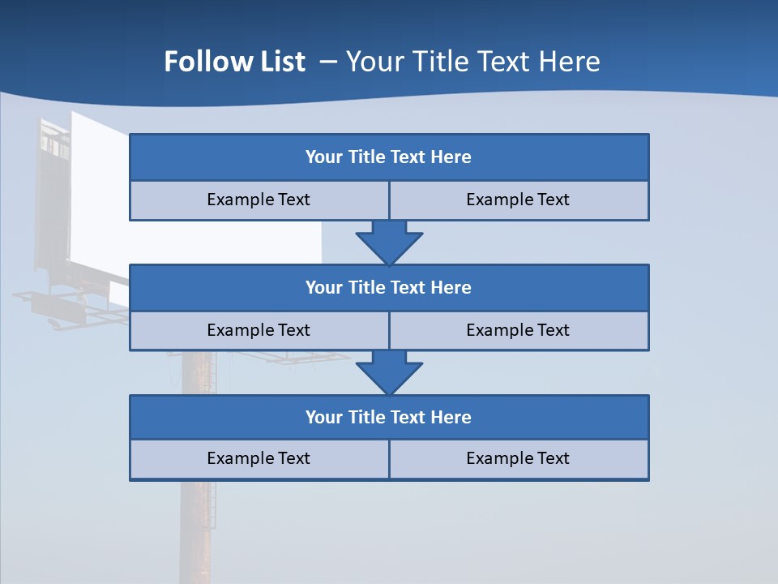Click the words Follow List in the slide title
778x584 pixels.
(x=234, y=62)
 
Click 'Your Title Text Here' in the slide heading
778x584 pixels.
(x=472, y=62)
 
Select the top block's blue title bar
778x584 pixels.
(x=389, y=157)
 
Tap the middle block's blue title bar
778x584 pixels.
(x=389, y=287)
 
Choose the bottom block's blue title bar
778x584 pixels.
(x=389, y=417)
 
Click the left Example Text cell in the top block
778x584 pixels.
(x=259, y=200)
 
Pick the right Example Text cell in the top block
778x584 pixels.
(x=518, y=200)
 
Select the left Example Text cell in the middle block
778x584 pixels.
(x=259, y=330)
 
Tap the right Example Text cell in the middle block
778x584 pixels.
(x=518, y=330)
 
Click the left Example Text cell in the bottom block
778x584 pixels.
(x=259, y=458)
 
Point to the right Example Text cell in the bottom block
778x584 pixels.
(x=518, y=458)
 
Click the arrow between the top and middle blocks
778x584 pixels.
(x=389, y=242)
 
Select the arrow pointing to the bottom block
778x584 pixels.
(x=389, y=372)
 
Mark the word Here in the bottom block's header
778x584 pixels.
(x=451, y=417)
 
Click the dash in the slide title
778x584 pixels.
(x=328, y=62)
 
